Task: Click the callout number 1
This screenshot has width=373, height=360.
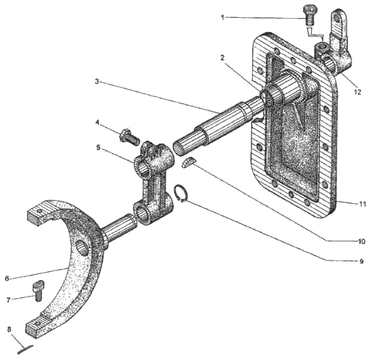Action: pos(222,17)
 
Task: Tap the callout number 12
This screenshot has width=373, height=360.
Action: pos(357,92)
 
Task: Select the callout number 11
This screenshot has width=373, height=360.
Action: pos(363,204)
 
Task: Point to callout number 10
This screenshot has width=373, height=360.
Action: pos(361,241)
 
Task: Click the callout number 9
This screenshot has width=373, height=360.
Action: pos(362,261)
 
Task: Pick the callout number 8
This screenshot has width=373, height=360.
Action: pos(10,329)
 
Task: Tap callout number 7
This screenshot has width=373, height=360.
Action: pos(9,300)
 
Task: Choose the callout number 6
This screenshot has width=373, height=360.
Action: pos(7,279)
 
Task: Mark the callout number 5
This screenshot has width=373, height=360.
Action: pos(98,148)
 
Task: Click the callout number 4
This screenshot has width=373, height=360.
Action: pos(98,122)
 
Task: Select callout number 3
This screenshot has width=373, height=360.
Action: pos(97,81)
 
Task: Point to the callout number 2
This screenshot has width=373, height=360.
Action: pos(222,58)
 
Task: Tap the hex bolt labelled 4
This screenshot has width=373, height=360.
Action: pos(130,137)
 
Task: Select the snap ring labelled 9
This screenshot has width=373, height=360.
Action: pos(180,193)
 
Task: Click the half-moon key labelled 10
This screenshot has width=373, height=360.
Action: pos(188,162)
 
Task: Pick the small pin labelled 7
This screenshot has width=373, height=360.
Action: pos(38,291)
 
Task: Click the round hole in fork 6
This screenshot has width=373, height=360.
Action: pos(81,248)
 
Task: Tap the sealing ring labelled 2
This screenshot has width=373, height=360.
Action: pos(266,98)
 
